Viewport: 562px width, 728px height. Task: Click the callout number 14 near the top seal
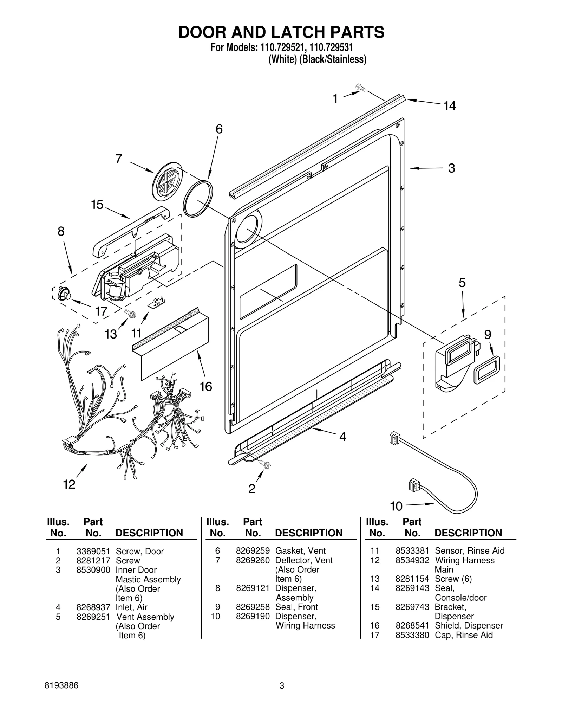pos(450,106)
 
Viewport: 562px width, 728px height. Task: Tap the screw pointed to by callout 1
pos(360,87)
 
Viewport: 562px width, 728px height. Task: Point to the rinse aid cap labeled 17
pos(64,293)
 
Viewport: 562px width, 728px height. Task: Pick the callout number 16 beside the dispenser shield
pos(206,387)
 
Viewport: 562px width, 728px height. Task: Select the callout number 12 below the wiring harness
pos(69,484)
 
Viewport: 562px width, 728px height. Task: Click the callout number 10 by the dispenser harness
pos(396,506)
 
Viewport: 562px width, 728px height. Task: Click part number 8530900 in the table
pos(93,570)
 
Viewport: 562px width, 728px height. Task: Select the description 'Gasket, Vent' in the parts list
pos(300,551)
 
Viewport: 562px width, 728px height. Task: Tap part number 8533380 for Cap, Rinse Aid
pos(412,635)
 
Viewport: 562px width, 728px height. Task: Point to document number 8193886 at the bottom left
pos(62,685)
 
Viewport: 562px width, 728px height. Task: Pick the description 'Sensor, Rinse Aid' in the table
pos(469,551)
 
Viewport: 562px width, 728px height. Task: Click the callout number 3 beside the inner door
pos(451,168)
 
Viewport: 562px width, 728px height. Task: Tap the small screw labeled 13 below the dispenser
pos(130,314)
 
